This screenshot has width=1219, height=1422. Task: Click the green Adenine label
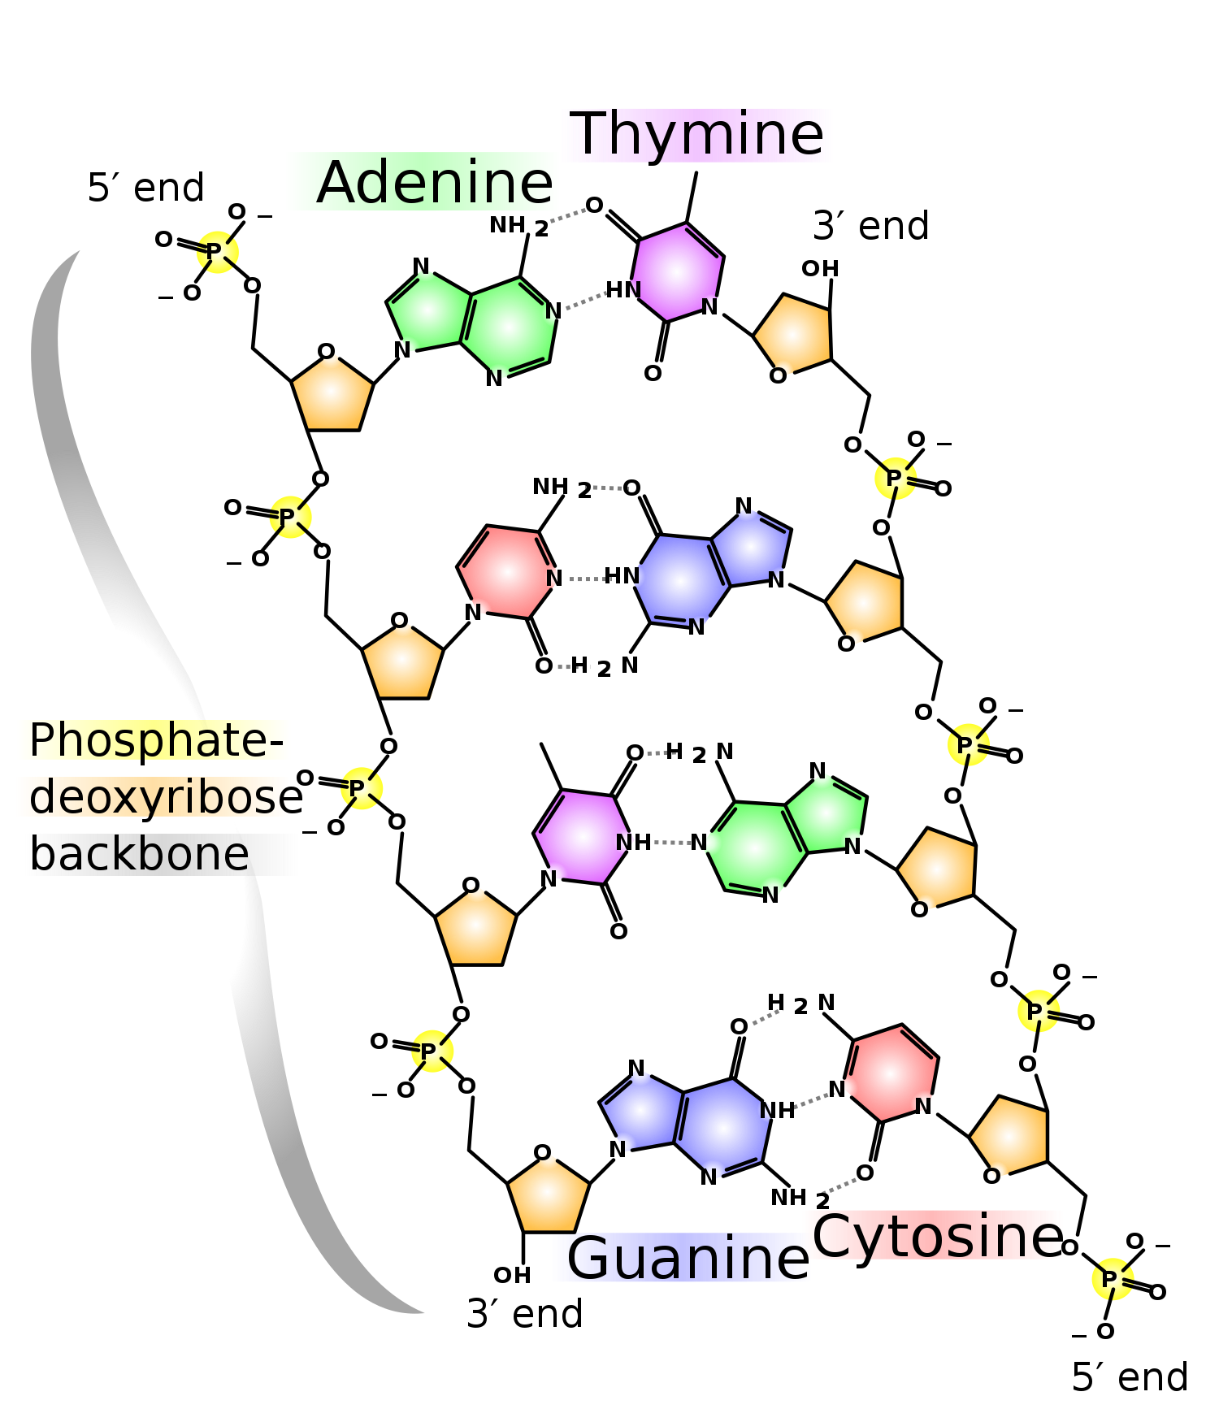pos(423,182)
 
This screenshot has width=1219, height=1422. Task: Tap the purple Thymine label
pos(696,135)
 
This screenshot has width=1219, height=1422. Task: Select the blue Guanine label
pos(681,1257)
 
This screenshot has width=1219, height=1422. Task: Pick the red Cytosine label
pos(932,1235)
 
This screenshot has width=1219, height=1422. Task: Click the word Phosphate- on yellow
pos(154,739)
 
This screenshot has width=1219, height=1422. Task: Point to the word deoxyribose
pos(154,796)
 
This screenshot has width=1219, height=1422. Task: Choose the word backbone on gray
pos(161,855)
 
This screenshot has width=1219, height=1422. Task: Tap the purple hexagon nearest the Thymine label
pos(676,272)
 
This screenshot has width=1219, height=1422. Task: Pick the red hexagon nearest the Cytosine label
pos(891,1073)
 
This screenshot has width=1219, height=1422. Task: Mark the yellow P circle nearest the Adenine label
pos(218,252)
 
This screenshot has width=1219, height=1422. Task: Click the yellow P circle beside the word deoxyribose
pos(362,788)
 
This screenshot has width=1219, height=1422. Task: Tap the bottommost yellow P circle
pos(1113,1279)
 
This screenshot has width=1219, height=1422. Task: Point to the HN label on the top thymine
pos(626,290)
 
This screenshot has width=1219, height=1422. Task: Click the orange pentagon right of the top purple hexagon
pos(793,333)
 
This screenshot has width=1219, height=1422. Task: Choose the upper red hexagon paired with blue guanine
pos(507,572)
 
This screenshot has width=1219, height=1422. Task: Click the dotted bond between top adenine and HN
pos(588,299)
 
